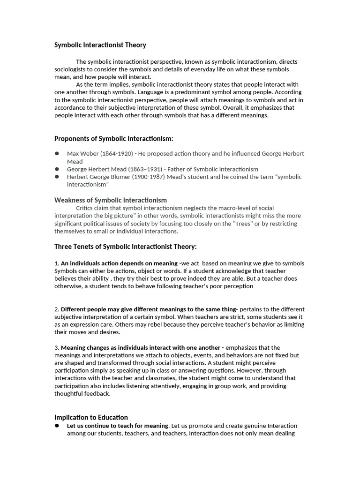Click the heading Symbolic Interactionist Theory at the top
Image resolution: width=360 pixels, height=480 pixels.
point(100,45)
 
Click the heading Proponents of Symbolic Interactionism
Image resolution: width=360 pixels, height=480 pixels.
point(114,138)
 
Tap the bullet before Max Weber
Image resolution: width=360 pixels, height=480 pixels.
point(57,153)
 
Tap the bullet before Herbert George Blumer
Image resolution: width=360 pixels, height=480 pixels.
point(57,177)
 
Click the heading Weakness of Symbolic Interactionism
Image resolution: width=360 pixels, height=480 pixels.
point(111,200)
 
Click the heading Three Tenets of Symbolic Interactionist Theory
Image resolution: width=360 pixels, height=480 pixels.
point(126,247)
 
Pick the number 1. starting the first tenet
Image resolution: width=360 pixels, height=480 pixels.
point(57,263)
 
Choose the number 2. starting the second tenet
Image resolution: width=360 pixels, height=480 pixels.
point(57,309)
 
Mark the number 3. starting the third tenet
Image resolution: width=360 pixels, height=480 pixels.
point(57,348)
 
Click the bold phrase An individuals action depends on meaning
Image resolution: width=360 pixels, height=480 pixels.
point(119,263)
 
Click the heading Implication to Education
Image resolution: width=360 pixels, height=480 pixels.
point(91,417)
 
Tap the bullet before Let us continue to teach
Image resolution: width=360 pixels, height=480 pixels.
point(57,426)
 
